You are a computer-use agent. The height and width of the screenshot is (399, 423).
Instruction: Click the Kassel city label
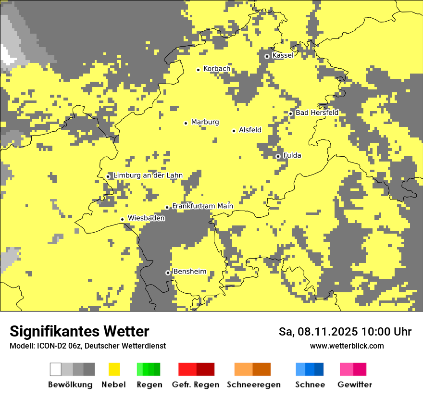[283, 55]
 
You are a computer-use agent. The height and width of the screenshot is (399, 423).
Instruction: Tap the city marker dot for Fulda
[278, 156]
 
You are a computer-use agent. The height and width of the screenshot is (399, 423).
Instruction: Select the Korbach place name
[216, 69]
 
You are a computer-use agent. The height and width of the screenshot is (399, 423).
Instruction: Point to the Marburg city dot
[186, 123]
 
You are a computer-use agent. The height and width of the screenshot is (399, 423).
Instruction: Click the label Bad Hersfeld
[317, 112]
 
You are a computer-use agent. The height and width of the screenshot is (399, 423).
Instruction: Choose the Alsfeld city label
[250, 130]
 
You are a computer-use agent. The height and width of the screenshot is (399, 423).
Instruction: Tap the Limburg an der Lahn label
[148, 175]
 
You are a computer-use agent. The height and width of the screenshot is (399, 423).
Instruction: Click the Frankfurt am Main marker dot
[167, 207]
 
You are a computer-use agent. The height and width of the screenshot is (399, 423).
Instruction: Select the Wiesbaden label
[146, 218]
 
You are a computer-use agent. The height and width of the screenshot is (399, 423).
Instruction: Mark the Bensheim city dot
[168, 273]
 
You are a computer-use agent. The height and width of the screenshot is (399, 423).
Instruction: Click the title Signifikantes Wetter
[79, 331]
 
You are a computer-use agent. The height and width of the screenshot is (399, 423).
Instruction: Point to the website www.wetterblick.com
[347, 346]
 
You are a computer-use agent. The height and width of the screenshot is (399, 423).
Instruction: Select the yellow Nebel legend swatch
[114, 369]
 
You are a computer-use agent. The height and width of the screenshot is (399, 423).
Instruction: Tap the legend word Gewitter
[354, 385]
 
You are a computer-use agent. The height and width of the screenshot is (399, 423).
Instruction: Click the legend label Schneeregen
[253, 385]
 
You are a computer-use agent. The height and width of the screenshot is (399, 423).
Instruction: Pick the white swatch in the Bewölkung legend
[56, 369]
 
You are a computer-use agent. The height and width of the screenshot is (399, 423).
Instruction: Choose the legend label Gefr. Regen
[195, 385]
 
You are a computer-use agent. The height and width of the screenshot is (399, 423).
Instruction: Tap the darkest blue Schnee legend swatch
[319, 369]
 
